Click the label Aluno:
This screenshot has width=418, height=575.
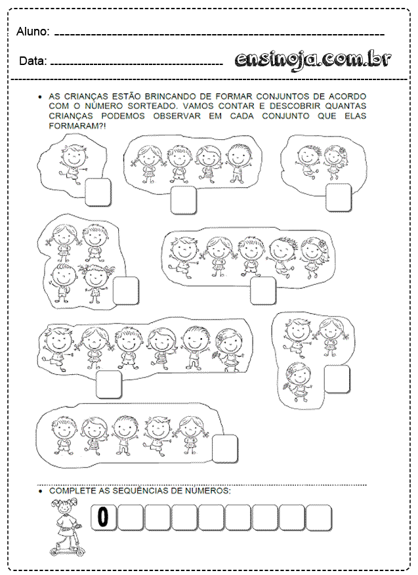pyautogui.click(x=33, y=32)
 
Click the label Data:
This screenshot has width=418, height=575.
pyautogui.click(x=33, y=61)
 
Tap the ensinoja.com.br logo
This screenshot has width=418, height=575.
pyautogui.click(x=313, y=60)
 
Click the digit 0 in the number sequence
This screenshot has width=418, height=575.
pyautogui.click(x=104, y=517)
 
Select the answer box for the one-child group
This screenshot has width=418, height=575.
pyautogui.click(x=98, y=192)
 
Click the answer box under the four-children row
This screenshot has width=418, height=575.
pyautogui.click(x=183, y=200)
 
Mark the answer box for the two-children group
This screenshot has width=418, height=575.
pyautogui.click(x=339, y=198)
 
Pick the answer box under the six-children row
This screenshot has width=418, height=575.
pyautogui.click(x=109, y=384)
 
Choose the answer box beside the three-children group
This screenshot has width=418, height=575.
pyautogui.click(x=337, y=379)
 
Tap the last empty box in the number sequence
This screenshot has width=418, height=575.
pyautogui.click(x=319, y=517)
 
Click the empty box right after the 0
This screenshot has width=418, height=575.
pyautogui.click(x=131, y=517)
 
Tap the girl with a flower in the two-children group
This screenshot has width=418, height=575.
pyautogui.click(x=335, y=161)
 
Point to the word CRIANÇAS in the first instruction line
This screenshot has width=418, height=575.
pyautogui.click(x=86, y=96)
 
